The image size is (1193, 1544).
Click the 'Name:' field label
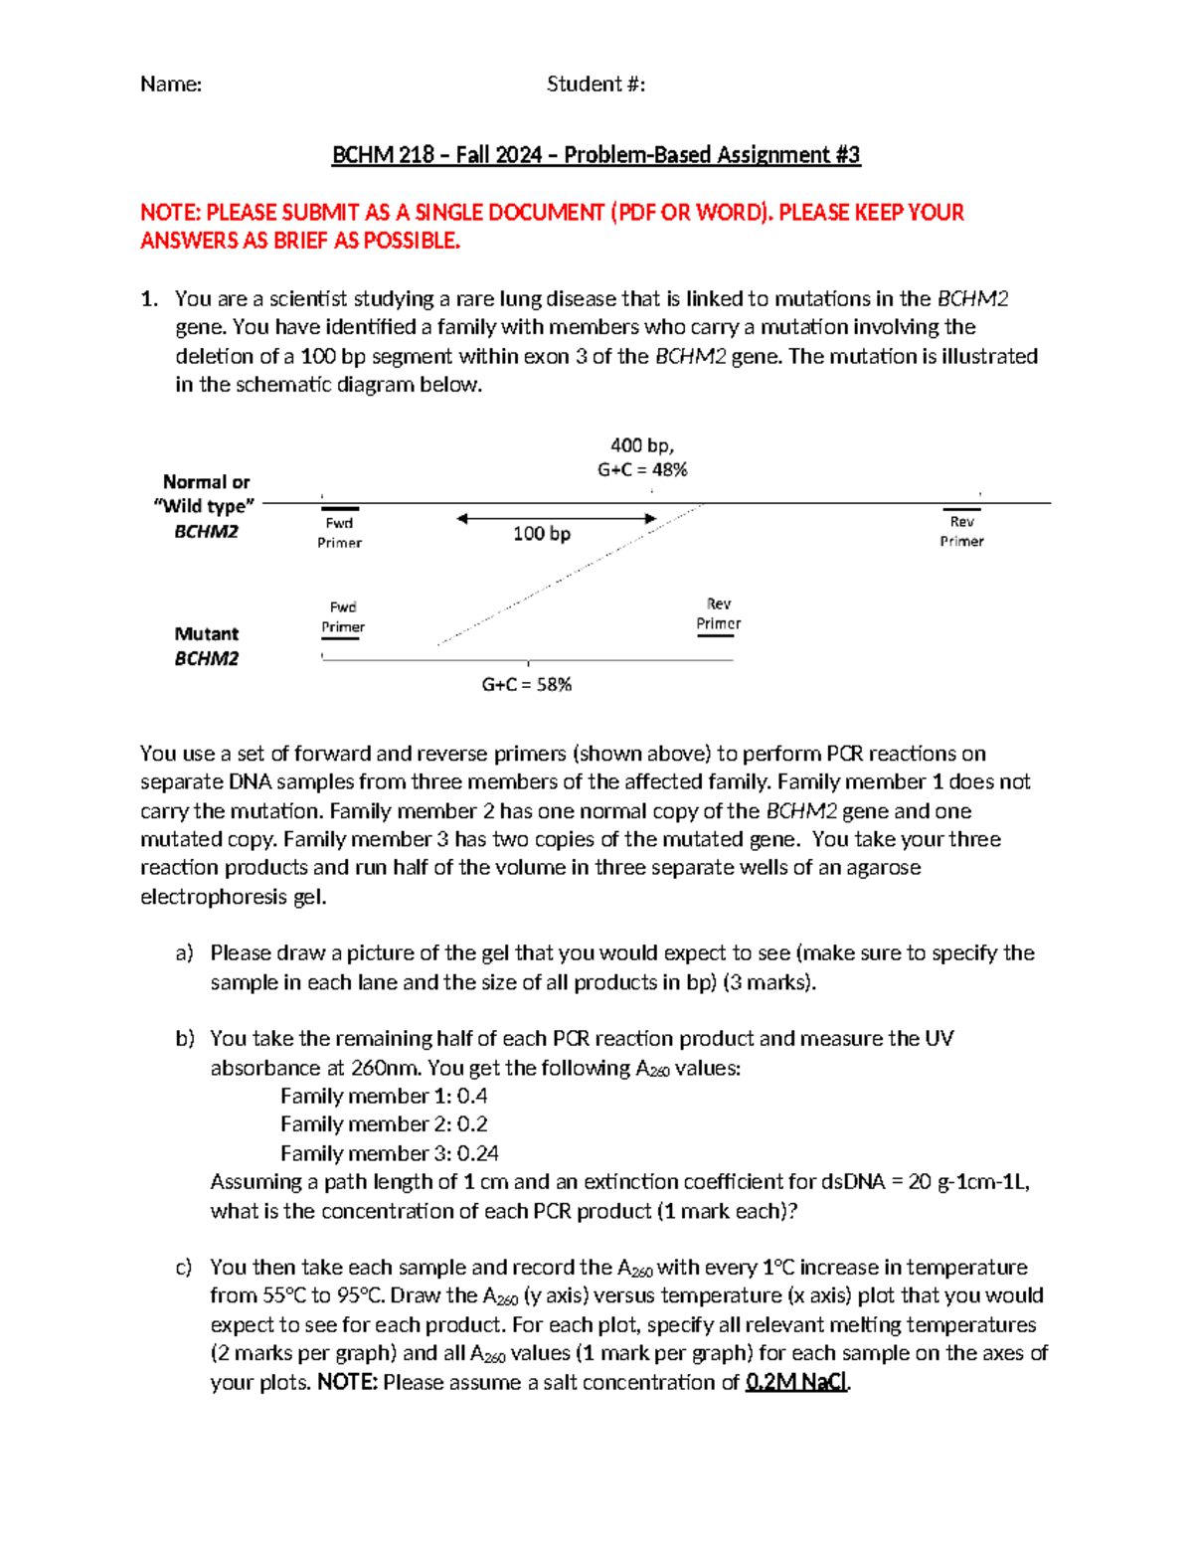click(x=171, y=85)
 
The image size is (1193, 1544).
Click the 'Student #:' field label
click(x=596, y=85)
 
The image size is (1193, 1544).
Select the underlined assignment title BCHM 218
click(x=596, y=155)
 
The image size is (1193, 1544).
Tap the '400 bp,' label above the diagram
click(x=641, y=445)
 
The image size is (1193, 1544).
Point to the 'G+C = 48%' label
click(x=642, y=469)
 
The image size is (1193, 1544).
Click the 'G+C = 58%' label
click(x=526, y=684)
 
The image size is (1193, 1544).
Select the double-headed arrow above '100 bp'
click(x=557, y=518)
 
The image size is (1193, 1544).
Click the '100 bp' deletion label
click(x=542, y=534)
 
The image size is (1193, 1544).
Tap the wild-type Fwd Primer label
click(x=339, y=532)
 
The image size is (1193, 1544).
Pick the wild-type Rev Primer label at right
click(x=961, y=531)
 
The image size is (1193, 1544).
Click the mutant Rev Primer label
click(x=718, y=613)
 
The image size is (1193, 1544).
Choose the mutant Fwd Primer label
click(x=343, y=616)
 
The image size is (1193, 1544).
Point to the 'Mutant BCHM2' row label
click(x=207, y=646)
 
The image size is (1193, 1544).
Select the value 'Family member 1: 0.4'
click(x=384, y=1096)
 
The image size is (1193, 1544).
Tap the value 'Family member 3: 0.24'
click(x=389, y=1153)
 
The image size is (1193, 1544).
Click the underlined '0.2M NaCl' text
click(x=796, y=1382)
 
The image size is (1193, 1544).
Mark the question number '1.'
click(x=149, y=299)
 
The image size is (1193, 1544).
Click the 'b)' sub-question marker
click(x=185, y=1039)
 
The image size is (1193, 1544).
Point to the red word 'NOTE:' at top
click(x=170, y=213)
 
